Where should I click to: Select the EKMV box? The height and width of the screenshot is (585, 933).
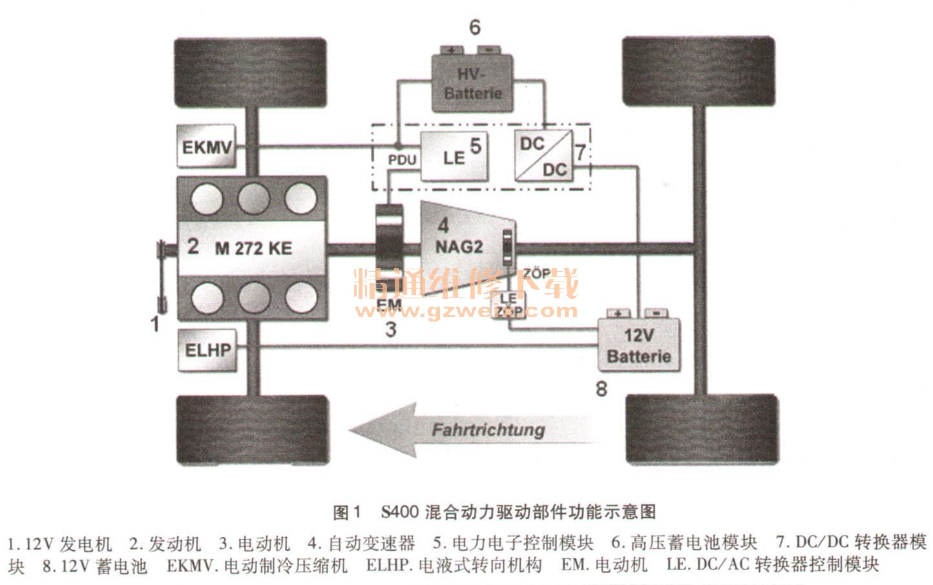(206, 147)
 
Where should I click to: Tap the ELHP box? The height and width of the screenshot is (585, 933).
(207, 350)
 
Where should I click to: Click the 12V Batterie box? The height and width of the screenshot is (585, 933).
(638, 345)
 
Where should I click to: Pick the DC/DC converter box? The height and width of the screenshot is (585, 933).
(543, 156)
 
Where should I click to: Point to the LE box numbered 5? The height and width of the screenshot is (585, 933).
(454, 156)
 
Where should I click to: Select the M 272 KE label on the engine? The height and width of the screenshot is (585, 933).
(253, 248)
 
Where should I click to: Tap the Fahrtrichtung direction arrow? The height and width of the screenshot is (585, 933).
(475, 429)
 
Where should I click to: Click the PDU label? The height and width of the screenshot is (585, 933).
(402, 159)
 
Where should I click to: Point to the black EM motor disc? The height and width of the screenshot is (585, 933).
(388, 249)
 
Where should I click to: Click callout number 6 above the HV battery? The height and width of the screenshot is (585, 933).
(475, 28)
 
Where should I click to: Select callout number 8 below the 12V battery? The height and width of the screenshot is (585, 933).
(601, 389)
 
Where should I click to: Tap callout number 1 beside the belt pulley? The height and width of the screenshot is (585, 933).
(154, 323)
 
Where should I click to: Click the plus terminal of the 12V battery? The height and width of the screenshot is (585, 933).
(618, 314)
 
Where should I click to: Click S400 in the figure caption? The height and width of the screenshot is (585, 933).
(400, 513)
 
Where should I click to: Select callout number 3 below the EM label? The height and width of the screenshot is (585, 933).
(390, 329)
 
